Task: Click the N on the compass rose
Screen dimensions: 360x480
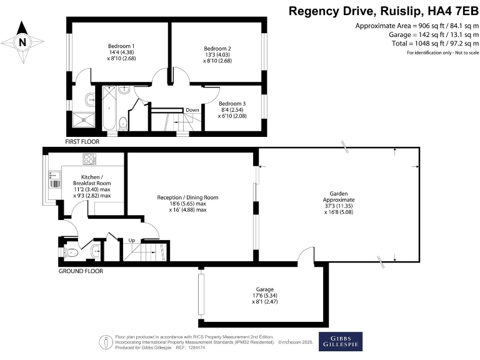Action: pos(23,42)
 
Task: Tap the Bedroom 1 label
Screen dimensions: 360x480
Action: pos(121,46)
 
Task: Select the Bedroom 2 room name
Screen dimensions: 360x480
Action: pos(217,48)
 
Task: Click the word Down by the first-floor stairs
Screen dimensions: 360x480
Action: pos(192,110)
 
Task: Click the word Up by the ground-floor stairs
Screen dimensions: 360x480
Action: pos(131,240)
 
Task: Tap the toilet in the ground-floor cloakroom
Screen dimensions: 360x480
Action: pos(71,253)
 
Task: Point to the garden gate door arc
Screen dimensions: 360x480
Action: pos(305,255)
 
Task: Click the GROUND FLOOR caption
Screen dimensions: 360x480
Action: pos(81,271)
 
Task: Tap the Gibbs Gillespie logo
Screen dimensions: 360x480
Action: pos(341,341)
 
